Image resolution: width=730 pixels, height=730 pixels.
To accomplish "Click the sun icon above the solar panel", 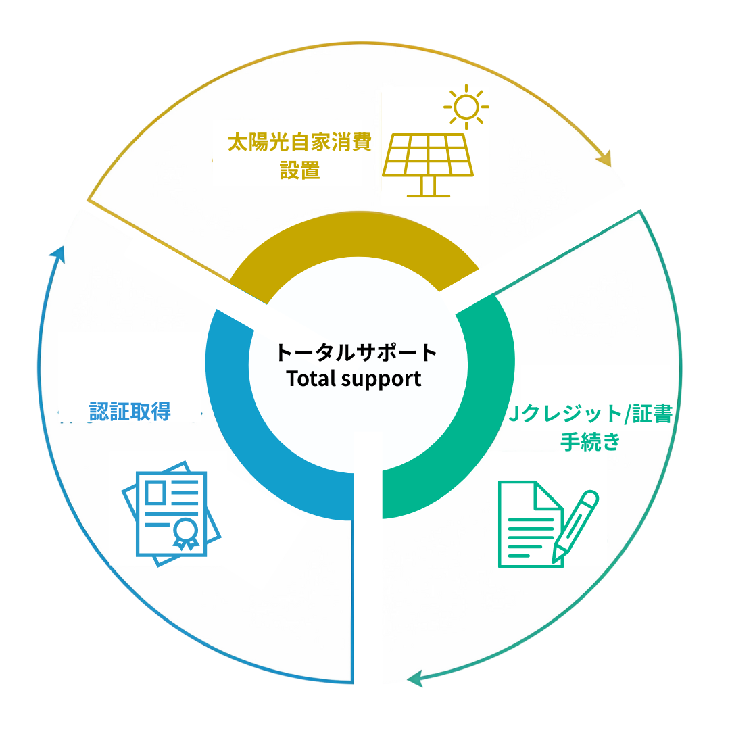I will [x=466, y=107].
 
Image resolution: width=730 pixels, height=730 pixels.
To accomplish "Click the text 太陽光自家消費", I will [x=299, y=144].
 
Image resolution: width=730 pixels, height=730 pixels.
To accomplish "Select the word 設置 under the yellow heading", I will [x=299, y=170].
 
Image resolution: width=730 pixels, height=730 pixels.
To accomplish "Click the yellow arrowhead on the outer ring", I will [x=605, y=157].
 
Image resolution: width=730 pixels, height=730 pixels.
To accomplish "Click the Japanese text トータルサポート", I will [x=356, y=352].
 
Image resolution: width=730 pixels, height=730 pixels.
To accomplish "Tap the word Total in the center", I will [x=311, y=379].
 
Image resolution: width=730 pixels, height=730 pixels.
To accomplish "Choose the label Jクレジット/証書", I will [x=590, y=414].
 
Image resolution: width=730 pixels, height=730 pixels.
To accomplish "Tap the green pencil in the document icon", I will [x=577, y=524].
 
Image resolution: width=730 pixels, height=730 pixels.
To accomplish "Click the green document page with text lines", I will [x=527, y=524].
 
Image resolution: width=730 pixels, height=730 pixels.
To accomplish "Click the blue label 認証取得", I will [x=130, y=411].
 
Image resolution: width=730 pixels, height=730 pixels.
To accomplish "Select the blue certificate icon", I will [x=171, y=514].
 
